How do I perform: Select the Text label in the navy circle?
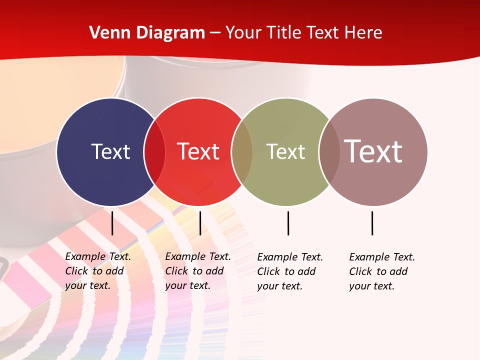coord(110,151)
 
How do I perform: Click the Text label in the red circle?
coord(198,151)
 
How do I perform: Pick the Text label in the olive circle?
coord(285,151)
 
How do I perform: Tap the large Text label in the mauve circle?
coord(373,151)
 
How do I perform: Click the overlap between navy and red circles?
coord(154,151)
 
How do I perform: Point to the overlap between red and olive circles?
coord(242,151)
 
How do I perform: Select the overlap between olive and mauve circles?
coord(329,151)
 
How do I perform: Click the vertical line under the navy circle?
coord(112,223)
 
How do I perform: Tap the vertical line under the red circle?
coord(200,223)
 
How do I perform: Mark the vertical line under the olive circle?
coord(288,223)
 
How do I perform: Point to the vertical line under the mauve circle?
coord(372,223)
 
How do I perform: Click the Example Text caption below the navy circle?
coord(98,271)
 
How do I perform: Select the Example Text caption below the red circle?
coord(198,271)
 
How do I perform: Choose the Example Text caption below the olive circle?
coord(290,271)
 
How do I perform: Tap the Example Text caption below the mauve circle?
coord(382,271)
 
